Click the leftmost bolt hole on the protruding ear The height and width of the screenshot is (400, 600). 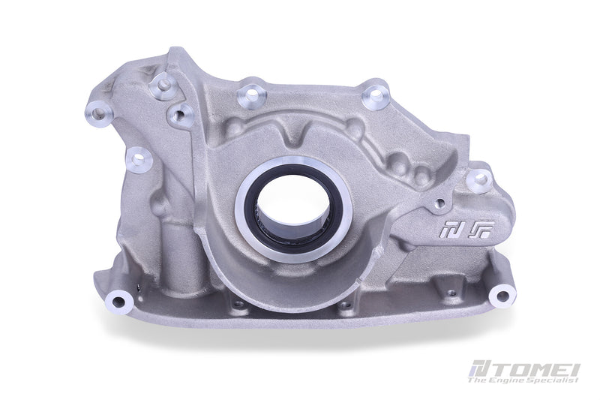100,114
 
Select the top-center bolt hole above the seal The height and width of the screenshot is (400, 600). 251,95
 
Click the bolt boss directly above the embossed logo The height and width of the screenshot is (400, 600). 478,180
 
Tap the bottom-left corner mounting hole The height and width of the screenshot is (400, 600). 118,302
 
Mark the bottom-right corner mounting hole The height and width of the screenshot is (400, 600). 500,295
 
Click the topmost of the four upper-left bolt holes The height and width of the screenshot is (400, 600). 162,85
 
